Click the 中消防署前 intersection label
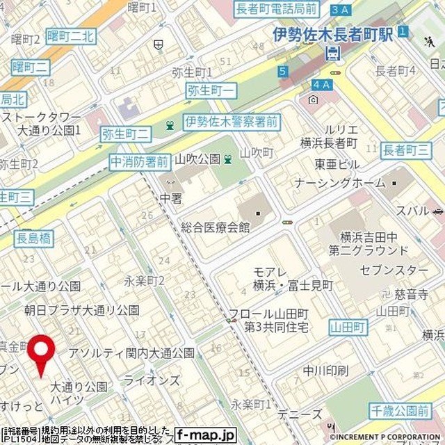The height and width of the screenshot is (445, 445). click(139, 162)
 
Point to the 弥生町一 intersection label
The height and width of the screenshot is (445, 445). click(212, 90)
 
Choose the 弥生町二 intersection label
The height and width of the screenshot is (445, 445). click(125, 132)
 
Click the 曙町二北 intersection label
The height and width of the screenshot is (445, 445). click(70, 37)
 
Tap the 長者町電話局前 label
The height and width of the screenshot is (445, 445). click(277, 9)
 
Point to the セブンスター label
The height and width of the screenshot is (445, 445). click(393, 269)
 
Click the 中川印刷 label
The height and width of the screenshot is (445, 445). click(325, 371)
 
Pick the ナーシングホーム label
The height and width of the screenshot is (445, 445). click(339, 183)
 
